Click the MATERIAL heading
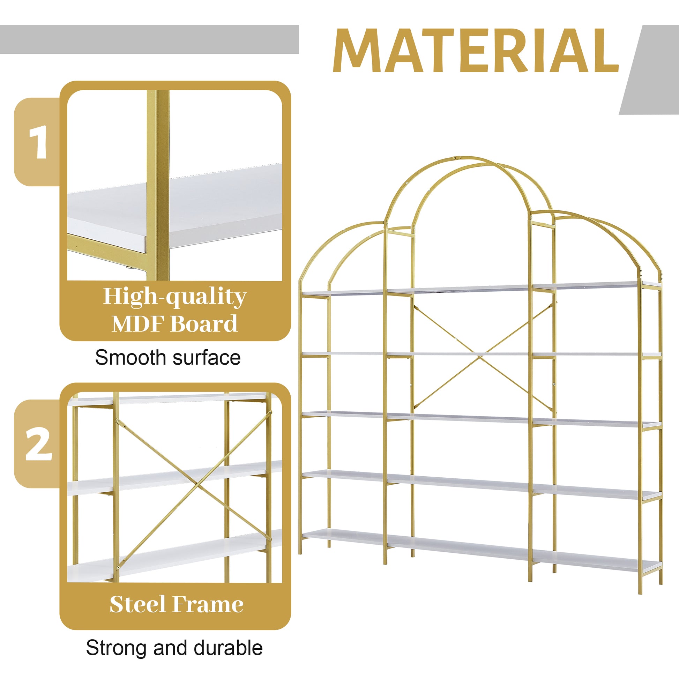(x=475, y=50)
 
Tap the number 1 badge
(x=38, y=142)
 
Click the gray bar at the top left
(x=149, y=39)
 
